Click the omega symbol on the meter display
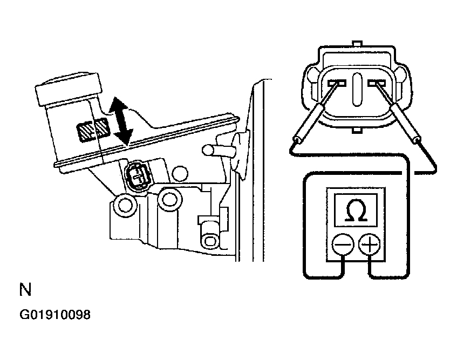point(356,210)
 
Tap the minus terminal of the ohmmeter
point(343,244)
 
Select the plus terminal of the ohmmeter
point(369,244)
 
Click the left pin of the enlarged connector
point(337,83)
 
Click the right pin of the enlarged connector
point(377,83)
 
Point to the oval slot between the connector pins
point(357,89)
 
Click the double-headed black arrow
point(120,121)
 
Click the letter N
point(25,289)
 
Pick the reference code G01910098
point(55,315)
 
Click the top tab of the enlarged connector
point(357,43)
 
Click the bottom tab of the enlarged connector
point(357,130)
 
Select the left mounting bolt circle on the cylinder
point(126,205)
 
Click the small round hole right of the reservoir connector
point(180,174)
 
